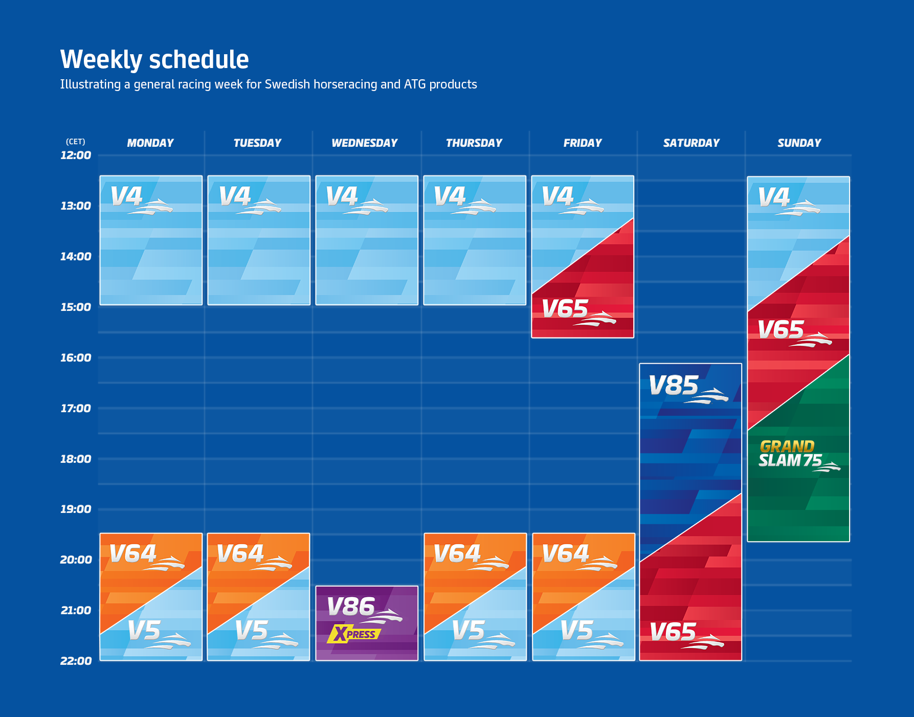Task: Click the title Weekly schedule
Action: (x=154, y=60)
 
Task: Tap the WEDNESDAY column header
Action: (x=364, y=143)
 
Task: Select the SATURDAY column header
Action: (x=691, y=143)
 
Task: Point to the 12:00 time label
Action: (x=76, y=155)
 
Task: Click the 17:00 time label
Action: (x=76, y=409)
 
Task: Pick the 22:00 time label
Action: (x=76, y=661)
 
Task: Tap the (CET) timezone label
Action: (x=76, y=142)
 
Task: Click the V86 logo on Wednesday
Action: (x=363, y=609)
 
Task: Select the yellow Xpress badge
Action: (x=354, y=634)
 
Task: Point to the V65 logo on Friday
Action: (x=577, y=310)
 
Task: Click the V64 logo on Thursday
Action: (x=470, y=556)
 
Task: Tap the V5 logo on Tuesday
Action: (x=265, y=633)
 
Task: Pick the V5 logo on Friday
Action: (x=590, y=633)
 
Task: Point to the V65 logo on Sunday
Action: (x=793, y=332)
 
